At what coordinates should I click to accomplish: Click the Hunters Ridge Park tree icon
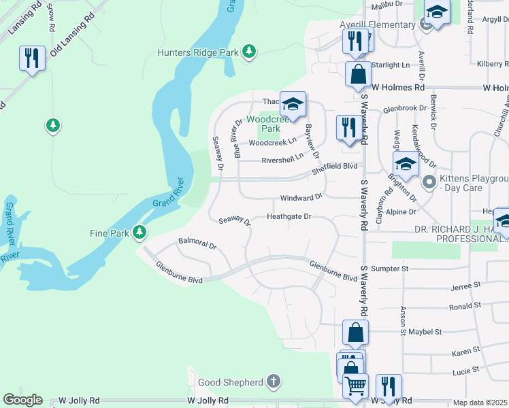[250, 51]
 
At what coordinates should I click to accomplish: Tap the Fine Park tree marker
[139, 233]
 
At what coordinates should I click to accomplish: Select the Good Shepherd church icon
[273, 382]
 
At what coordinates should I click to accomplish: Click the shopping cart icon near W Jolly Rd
[355, 386]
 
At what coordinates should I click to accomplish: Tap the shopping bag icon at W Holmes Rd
[358, 74]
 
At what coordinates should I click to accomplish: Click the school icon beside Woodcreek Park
[293, 104]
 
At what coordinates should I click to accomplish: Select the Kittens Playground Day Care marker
[429, 182]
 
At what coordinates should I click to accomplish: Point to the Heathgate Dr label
[289, 217]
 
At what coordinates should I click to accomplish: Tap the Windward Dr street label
[301, 198]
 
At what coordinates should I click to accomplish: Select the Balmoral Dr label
[197, 242]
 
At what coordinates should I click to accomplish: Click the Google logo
[22, 400]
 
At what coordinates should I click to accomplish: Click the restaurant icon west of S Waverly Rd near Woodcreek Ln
[347, 127]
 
